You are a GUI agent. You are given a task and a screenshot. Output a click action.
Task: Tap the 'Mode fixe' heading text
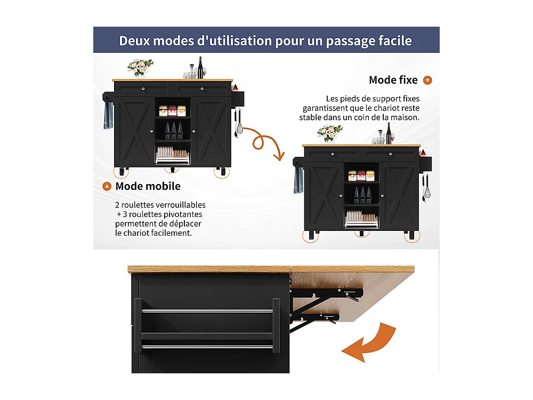click(393, 80)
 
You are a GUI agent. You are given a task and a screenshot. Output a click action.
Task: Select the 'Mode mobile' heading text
click(148, 186)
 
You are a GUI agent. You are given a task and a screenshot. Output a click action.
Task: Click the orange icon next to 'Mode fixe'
click(427, 81)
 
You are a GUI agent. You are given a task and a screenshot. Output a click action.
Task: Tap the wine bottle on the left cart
click(201, 68)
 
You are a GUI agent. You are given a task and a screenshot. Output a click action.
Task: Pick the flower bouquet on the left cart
click(140, 67)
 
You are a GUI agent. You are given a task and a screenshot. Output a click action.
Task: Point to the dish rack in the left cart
click(172, 155)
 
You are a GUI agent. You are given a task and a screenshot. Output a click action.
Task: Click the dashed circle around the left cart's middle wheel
click(171, 170)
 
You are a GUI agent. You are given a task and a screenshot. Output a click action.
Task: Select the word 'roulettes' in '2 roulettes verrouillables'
click(139, 205)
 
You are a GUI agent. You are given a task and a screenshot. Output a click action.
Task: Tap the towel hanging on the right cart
click(298, 180)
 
